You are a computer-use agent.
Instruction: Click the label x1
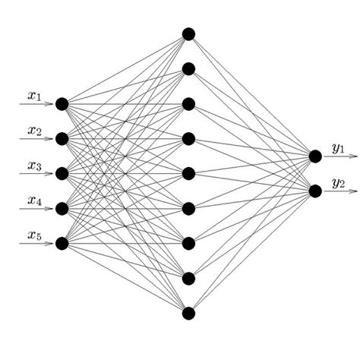pyautogui.click(x=35, y=96)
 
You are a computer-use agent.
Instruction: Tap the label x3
pyautogui.click(x=35, y=166)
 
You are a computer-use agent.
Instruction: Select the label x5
pyautogui.click(x=35, y=235)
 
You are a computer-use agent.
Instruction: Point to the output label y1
pyautogui.click(x=338, y=147)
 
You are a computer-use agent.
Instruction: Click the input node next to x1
pyautogui.click(x=62, y=104)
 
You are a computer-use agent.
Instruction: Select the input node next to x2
pyautogui.click(x=62, y=139)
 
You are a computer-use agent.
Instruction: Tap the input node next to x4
pyautogui.click(x=62, y=208)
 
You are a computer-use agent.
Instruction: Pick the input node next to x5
pyautogui.click(x=62, y=243)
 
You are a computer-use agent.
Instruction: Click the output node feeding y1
pyautogui.click(x=315, y=156)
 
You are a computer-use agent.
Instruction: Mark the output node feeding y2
pyautogui.click(x=315, y=191)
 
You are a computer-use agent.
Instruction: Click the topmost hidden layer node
pyautogui.click(x=188, y=34)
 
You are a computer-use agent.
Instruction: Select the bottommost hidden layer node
pyautogui.click(x=188, y=313)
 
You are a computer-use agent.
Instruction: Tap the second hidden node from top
pyautogui.click(x=188, y=69)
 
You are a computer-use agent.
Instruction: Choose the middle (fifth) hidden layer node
pyautogui.click(x=188, y=174)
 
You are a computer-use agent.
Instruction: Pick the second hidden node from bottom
pyautogui.click(x=188, y=278)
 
